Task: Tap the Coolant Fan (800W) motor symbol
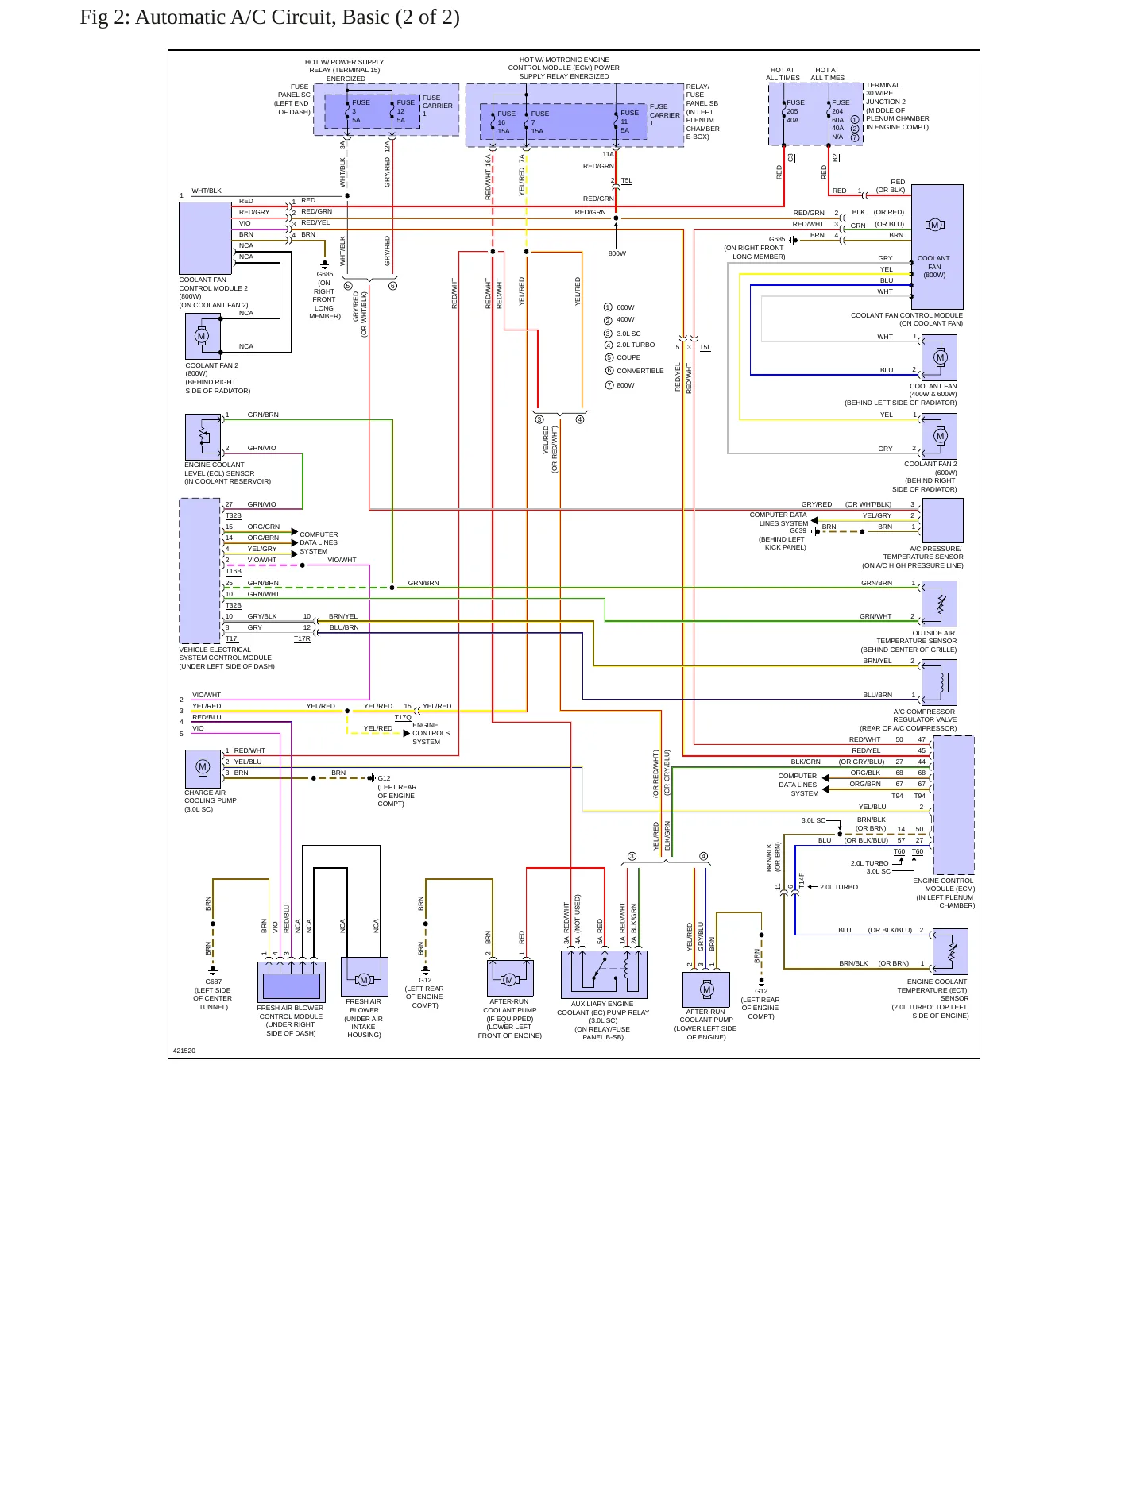[934, 225]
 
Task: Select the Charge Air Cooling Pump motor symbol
[203, 767]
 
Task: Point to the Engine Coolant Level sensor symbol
[203, 436]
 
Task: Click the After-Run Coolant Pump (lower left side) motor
[706, 989]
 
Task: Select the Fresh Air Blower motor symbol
[364, 979]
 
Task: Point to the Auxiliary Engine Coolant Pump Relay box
[605, 974]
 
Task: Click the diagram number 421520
[184, 1051]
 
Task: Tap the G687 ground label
[214, 982]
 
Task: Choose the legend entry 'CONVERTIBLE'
[640, 371]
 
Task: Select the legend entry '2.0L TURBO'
[636, 345]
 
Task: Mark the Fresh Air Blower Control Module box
[292, 982]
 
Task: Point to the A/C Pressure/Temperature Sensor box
[943, 521]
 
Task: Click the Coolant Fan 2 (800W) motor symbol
[202, 336]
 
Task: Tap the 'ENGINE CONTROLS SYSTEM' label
[431, 733]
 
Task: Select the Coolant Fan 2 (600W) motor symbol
[940, 436]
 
